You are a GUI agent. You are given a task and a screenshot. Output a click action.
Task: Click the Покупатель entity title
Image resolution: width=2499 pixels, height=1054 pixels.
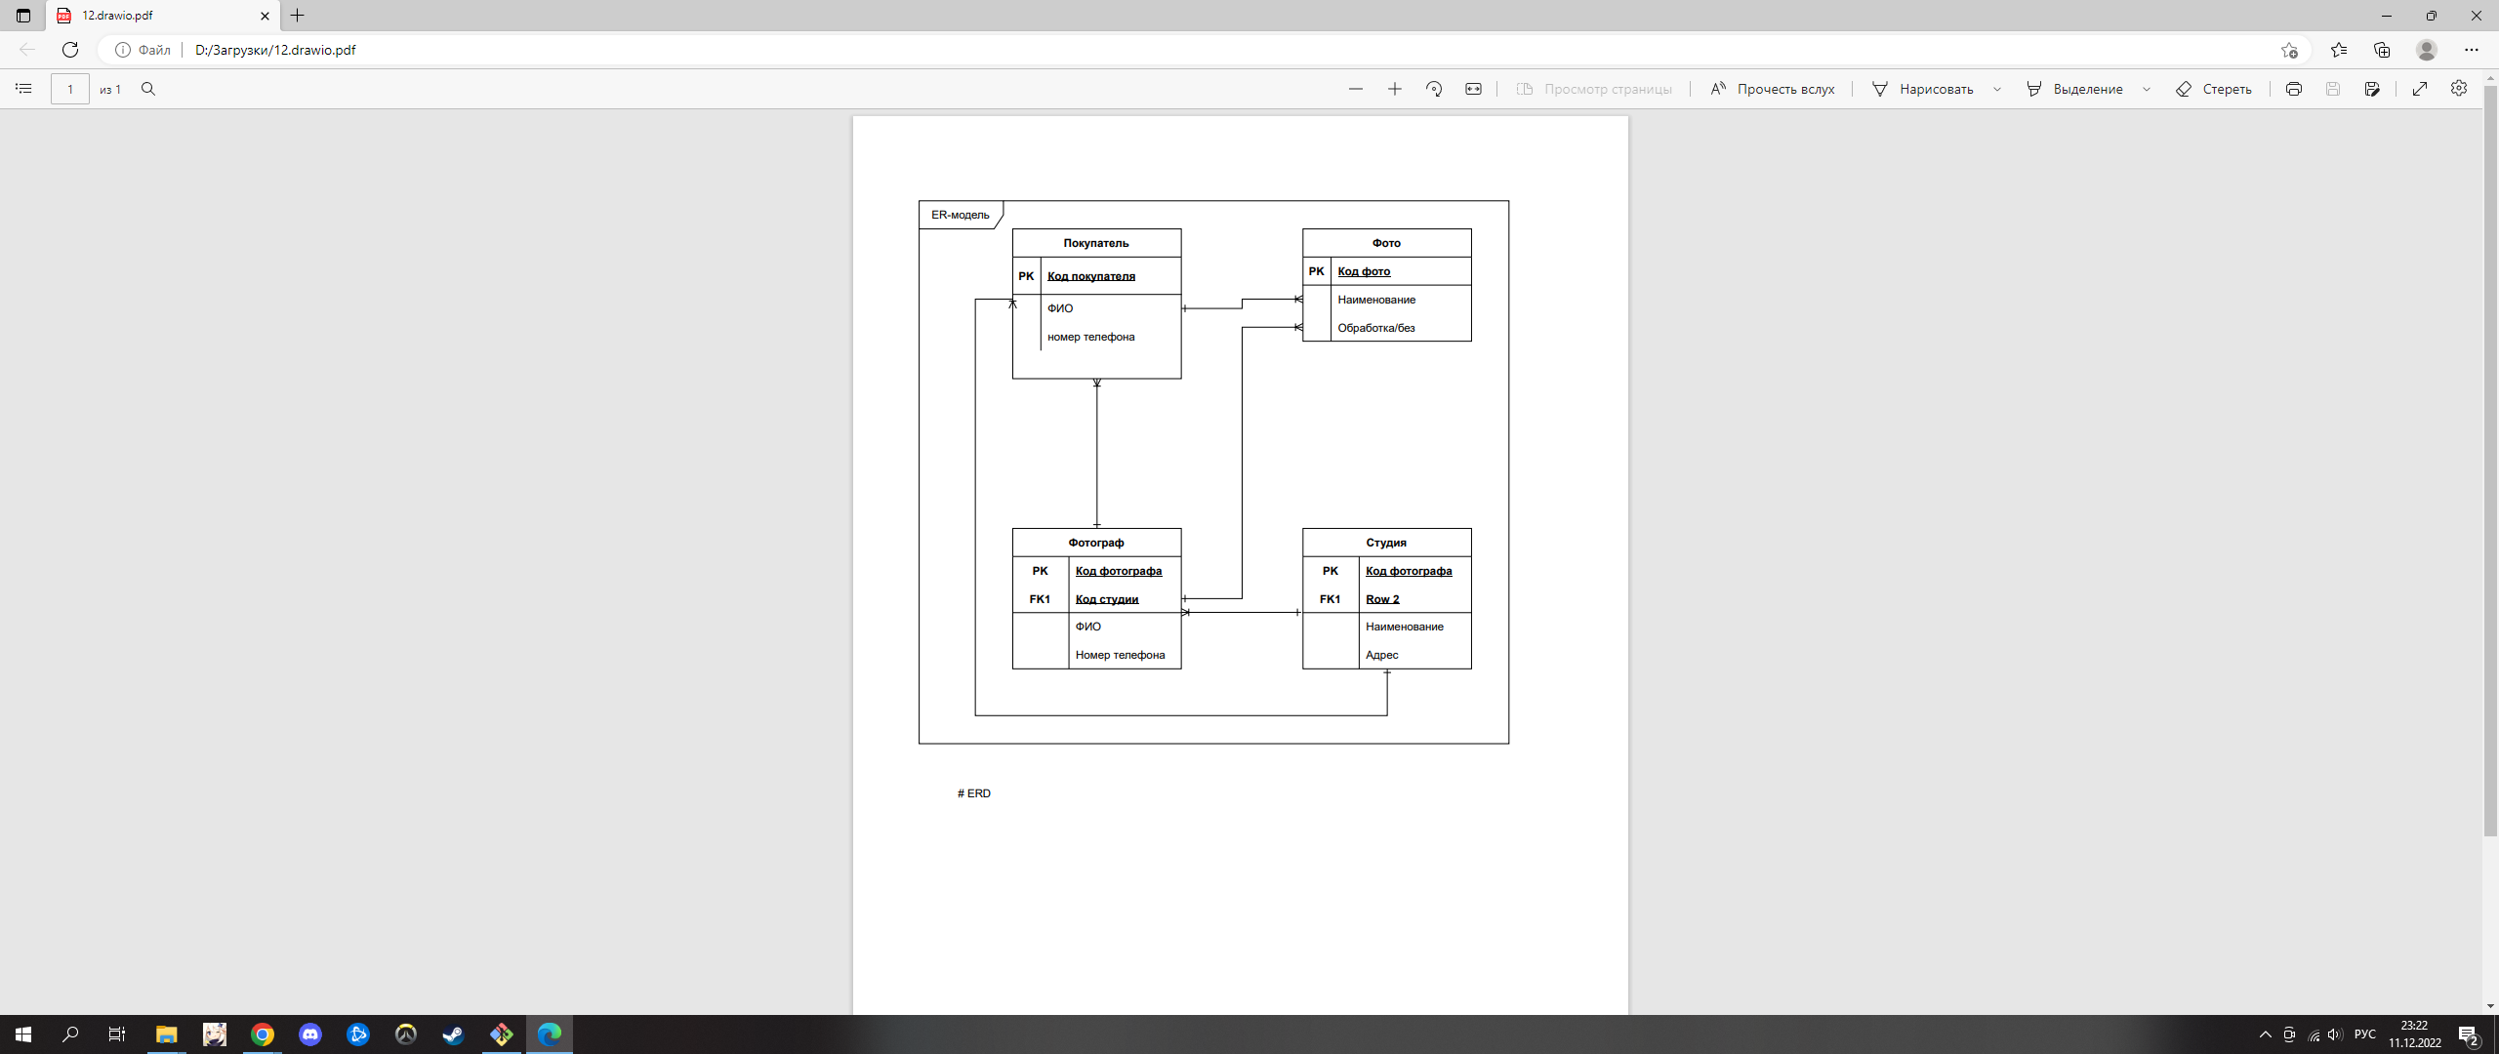[1095, 243]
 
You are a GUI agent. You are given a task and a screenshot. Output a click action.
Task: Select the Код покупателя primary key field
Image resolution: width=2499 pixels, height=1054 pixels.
[1090, 276]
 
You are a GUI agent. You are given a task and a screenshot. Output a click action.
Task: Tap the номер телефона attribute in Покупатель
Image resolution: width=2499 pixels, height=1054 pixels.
[1090, 337]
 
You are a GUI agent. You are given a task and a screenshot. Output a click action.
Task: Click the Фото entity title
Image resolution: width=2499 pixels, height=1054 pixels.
[1385, 243]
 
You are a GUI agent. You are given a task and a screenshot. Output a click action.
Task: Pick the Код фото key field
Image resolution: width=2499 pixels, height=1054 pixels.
[1364, 271]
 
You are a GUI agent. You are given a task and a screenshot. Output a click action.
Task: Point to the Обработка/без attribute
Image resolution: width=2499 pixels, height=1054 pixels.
[1375, 328]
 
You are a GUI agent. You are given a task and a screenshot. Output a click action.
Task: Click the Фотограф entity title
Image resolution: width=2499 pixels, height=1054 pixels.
[1095, 543]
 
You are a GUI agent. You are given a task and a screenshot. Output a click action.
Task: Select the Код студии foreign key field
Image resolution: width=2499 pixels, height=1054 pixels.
[1106, 599]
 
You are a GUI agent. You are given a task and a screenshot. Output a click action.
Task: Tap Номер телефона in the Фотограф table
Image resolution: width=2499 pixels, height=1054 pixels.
[1120, 655]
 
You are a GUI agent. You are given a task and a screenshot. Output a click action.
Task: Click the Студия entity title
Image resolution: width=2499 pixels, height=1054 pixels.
[1385, 543]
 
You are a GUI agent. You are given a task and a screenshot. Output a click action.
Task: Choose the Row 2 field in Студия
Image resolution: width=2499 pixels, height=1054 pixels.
[1382, 599]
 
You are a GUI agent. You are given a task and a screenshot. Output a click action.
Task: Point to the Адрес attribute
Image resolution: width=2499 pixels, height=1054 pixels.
[1381, 655]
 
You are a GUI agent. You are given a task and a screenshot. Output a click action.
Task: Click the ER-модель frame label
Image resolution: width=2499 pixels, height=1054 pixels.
[960, 215]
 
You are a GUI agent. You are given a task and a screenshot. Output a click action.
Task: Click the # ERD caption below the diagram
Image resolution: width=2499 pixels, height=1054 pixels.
[974, 793]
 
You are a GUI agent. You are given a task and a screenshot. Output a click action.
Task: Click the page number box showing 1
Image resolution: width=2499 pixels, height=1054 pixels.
[70, 89]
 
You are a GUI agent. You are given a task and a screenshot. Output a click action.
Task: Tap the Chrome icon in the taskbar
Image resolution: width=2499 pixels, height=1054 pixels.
[263, 1034]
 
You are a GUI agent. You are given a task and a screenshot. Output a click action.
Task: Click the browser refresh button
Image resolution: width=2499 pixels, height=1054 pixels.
[70, 50]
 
